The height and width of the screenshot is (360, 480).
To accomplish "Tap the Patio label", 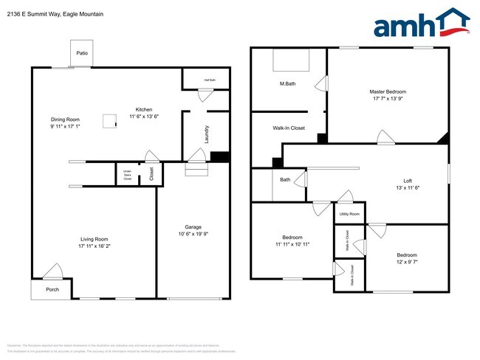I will (82, 53).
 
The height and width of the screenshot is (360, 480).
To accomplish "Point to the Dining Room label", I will (65, 120).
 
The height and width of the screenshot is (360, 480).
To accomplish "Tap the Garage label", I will (193, 227).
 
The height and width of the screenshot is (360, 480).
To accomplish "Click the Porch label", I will (52, 289).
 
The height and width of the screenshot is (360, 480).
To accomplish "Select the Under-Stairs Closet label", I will (128, 176).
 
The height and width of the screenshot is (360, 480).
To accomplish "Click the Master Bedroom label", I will (388, 91).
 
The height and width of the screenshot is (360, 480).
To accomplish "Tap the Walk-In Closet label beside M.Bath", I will (289, 128).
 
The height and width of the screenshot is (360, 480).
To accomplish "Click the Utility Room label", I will (350, 214).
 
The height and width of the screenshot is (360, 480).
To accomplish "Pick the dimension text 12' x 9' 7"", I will (407, 263).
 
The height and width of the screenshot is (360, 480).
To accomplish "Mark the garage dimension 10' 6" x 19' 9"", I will (193, 235).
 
